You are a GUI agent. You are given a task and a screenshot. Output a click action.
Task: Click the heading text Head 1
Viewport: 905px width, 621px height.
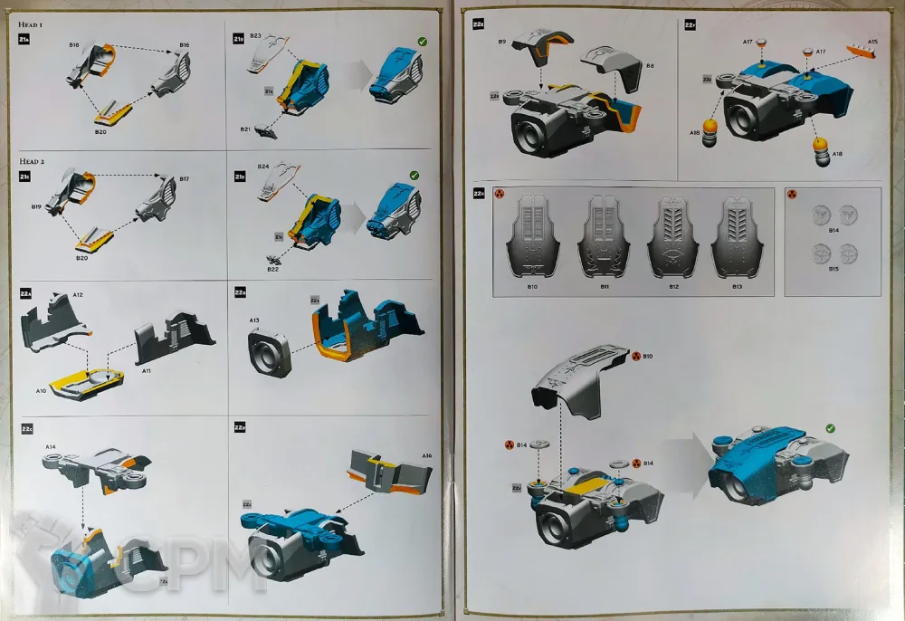(33, 26)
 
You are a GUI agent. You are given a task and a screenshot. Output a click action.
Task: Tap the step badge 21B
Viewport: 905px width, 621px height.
(238, 40)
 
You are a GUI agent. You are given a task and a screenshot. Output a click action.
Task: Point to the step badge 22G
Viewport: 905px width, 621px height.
(479, 193)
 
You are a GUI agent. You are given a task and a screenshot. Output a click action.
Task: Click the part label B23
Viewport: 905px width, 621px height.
(255, 36)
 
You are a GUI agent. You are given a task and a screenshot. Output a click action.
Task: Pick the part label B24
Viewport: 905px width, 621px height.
(262, 167)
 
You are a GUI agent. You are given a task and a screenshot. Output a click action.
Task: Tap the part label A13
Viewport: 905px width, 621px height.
(254, 320)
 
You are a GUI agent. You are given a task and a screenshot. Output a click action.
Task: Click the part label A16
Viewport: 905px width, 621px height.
(426, 455)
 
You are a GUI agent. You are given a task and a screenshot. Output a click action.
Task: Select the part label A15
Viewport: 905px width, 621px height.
(872, 42)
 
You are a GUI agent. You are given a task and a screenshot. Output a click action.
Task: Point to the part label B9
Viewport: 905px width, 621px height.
(501, 42)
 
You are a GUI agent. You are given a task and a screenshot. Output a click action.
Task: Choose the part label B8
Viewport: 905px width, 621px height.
(650, 65)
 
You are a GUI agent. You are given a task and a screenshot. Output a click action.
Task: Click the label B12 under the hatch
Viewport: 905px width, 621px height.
(673, 286)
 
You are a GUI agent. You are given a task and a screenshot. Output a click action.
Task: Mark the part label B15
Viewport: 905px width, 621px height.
(834, 269)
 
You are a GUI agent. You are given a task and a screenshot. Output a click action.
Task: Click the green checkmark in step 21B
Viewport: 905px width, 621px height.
(423, 42)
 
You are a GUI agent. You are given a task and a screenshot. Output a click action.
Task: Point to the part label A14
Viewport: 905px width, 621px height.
(51, 447)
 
